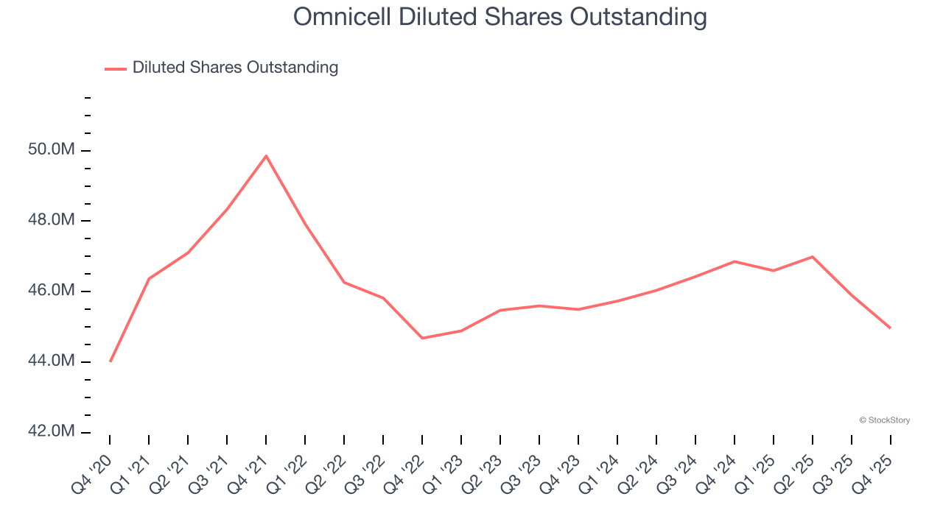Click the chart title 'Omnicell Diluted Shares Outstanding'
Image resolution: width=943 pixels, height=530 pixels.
click(x=500, y=17)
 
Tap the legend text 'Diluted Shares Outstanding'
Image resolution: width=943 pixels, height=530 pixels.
click(x=235, y=68)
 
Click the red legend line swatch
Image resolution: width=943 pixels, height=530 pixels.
click(x=116, y=68)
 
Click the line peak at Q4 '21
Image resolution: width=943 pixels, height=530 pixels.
click(x=266, y=156)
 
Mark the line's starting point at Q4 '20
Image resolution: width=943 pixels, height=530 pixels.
click(x=110, y=361)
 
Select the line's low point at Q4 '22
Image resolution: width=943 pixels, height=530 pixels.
click(x=422, y=338)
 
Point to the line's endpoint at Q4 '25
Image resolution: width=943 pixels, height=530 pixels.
click(x=890, y=328)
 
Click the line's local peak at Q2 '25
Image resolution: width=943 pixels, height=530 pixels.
click(x=812, y=257)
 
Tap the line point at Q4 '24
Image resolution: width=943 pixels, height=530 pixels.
click(x=735, y=261)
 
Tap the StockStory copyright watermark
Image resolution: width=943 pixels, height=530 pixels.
click(x=884, y=420)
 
